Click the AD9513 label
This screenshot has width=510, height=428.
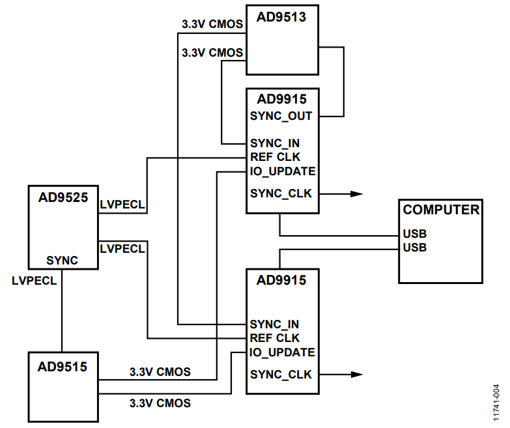click(281, 18)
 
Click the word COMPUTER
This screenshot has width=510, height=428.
click(441, 210)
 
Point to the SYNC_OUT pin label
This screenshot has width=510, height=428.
click(281, 116)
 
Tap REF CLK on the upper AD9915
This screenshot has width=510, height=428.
click(275, 157)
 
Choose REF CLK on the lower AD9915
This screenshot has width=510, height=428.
click(275, 338)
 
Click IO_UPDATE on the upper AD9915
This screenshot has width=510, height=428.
click(282, 171)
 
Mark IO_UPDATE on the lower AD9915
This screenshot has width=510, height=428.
click(282, 352)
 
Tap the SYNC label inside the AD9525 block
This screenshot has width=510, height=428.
click(63, 261)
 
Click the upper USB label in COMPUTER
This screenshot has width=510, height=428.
click(415, 234)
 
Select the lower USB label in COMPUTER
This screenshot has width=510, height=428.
click(415, 248)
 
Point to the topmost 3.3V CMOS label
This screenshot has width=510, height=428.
click(212, 25)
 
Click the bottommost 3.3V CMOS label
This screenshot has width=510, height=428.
click(160, 403)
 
